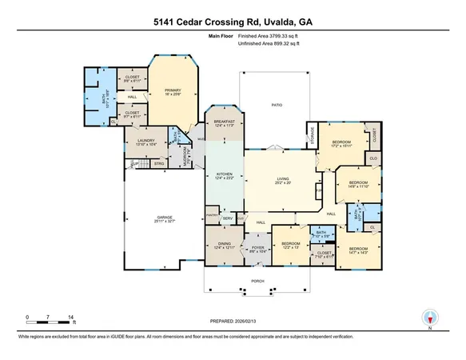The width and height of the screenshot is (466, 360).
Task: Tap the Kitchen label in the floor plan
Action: tap(225, 174)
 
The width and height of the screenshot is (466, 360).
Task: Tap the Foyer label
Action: tap(257, 248)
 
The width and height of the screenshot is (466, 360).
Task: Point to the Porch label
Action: tap(257, 281)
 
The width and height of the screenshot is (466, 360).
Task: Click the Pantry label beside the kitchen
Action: tap(212, 216)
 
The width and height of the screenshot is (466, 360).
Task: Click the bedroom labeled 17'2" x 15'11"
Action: tap(341, 144)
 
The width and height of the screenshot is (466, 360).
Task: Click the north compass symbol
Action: tap(430, 318)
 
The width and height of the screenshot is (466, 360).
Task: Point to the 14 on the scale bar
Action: tap(73, 318)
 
